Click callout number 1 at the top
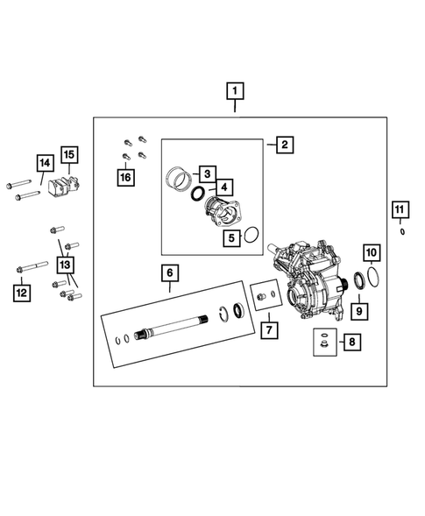(235, 89)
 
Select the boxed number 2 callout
(284, 145)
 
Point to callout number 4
(224, 187)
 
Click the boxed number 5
(232, 236)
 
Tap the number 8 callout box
(351, 343)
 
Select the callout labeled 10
(372, 253)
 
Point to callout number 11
(400, 209)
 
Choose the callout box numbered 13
(64, 264)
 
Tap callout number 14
(44, 162)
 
